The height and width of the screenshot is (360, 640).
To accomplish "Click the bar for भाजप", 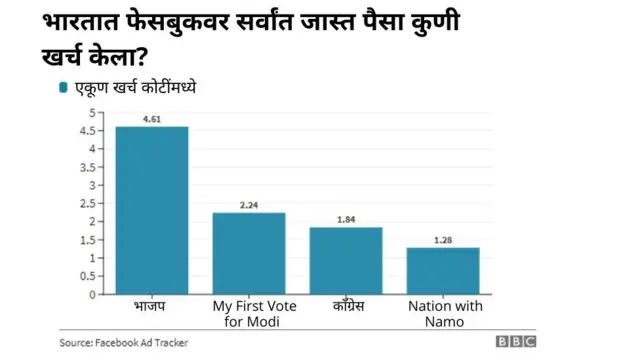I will pos(151,210).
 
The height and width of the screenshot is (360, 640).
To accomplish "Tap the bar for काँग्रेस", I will pos(346,260).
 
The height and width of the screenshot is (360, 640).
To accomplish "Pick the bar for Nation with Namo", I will pos(443,270).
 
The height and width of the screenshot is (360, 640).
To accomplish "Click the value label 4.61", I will pos(151,118).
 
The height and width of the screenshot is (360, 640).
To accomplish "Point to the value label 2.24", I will pos(249,205).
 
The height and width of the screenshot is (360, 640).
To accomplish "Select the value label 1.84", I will pos(346,219).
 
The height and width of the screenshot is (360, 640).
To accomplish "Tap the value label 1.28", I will pos(443,240).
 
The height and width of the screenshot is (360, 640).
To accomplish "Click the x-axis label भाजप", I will pos(151,303).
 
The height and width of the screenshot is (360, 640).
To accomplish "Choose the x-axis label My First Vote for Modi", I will pos(249,311).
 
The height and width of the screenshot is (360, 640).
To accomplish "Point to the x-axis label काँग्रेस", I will pos(346,303).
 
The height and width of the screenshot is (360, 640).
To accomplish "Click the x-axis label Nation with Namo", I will pos(443,311).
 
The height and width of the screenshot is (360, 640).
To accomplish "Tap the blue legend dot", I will pos(64,88).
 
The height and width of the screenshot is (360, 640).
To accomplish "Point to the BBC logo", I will pos(516,342).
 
